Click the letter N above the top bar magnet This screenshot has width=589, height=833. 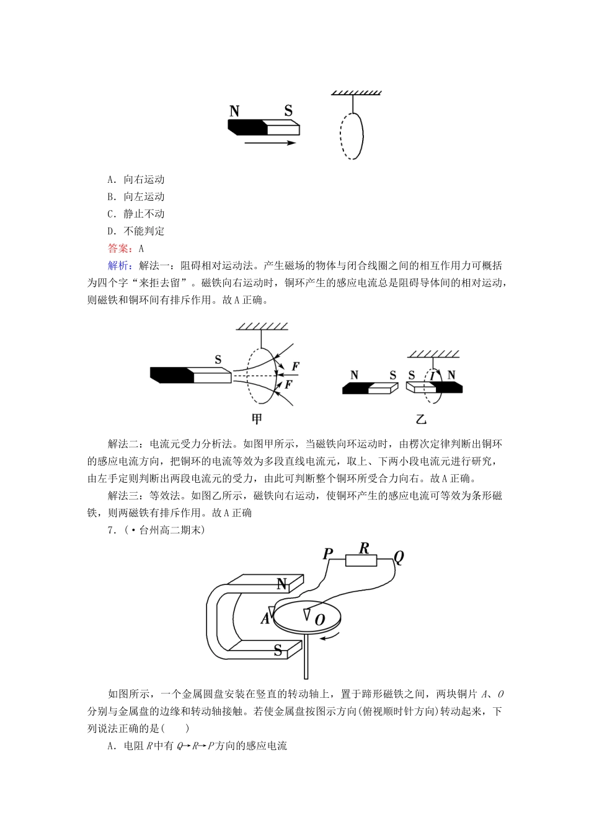tap(234, 112)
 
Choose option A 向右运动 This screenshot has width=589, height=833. tap(136, 179)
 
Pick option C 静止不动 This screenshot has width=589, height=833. tap(136, 214)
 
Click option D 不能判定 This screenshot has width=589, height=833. tap(136, 231)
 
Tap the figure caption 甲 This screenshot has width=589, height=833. tap(257, 418)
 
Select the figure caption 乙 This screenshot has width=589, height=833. tap(422, 418)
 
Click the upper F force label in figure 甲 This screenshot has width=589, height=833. tap(296, 366)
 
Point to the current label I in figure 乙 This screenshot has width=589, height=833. tap(432, 376)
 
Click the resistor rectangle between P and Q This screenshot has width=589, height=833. tap(361, 560)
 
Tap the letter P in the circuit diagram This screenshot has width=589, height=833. tap(328, 553)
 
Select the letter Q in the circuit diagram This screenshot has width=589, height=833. tap(398, 557)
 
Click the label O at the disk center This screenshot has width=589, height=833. tap(320, 619)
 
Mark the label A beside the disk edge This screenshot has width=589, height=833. tap(265, 618)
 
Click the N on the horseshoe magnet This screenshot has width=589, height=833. tap(281, 584)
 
